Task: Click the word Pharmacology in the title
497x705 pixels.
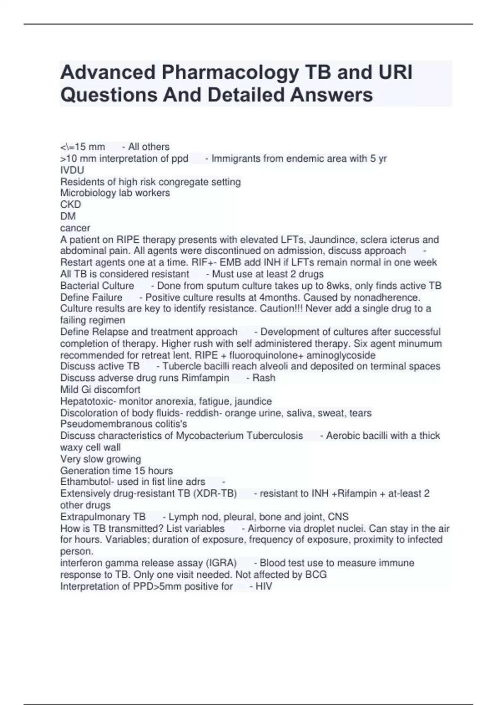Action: point(230,73)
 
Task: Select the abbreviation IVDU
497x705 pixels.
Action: point(72,170)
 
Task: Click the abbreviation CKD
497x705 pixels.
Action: point(70,204)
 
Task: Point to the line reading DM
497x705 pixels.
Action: point(68,216)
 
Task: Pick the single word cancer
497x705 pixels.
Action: point(75,228)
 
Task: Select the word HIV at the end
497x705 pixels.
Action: point(264,586)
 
